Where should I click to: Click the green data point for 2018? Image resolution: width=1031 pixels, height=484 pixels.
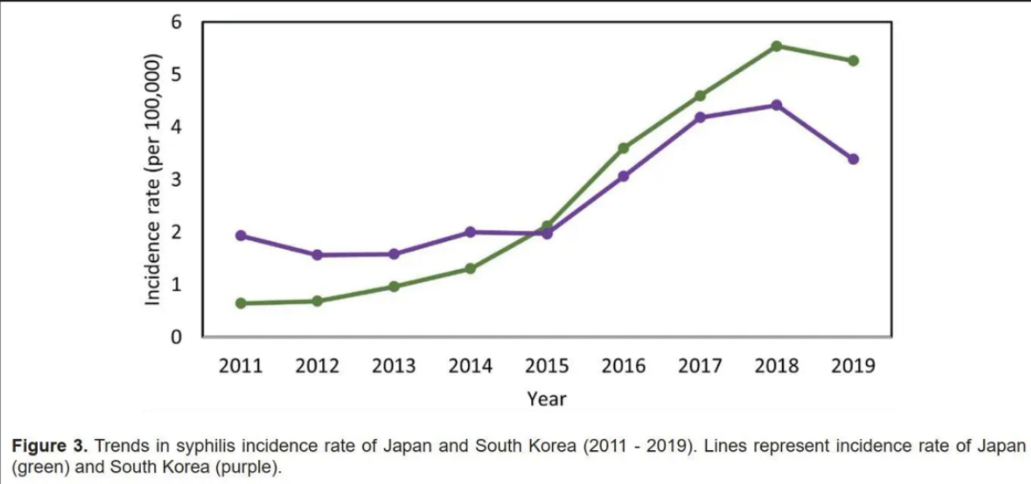pyautogui.click(x=777, y=46)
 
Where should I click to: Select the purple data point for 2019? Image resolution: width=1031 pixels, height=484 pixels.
pyautogui.click(x=853, y=159)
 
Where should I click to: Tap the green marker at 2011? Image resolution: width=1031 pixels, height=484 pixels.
pyautogui.click(x=241, y=303)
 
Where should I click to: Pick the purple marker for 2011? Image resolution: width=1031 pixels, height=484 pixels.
pyautogui.click(x=241, y=235)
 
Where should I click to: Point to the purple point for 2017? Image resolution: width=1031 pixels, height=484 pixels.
pyautogui.click(x=700, y=117)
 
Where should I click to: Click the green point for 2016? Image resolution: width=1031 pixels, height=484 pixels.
pyautogui.click(x=624, y=148)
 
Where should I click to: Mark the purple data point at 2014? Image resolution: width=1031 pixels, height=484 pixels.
pyautogui.click(x=471, y=232)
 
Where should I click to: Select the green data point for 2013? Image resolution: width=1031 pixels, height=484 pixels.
pyautogui.click(x=394, y=286)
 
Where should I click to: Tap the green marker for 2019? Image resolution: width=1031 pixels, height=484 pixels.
pyautogui.click(x=853, y=61)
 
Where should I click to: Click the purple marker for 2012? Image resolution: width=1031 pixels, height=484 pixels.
pyautogui.click(x=317, y=254)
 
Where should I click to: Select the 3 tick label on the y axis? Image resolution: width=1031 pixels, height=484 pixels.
pyautogui.click(x=176, y=180)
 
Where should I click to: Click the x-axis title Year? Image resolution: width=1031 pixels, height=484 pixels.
pyautogui.click(x=547, y=399)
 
